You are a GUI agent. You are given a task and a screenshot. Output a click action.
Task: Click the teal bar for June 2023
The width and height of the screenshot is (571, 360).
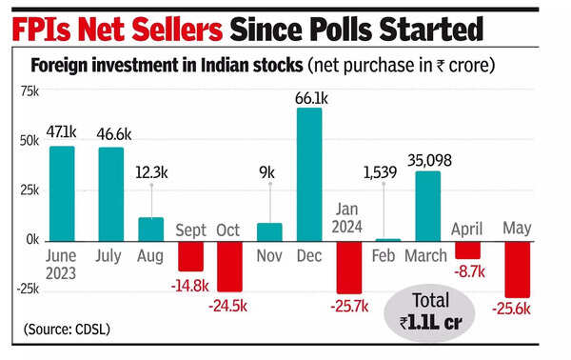pos(62,192)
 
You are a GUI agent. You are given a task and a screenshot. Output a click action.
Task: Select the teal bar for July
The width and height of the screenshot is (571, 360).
pos(111,193)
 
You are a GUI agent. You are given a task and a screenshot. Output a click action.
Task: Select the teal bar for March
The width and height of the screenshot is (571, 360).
pos(428,205)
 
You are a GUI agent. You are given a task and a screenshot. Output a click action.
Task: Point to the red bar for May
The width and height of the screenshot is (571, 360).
pos(516,269)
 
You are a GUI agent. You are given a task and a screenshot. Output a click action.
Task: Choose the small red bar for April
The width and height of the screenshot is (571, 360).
pos(468,250)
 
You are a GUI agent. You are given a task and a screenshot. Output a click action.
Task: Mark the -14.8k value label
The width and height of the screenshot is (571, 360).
pos(191,286)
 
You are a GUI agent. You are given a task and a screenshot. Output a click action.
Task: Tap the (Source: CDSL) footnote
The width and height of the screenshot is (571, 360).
pos(67,330)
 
